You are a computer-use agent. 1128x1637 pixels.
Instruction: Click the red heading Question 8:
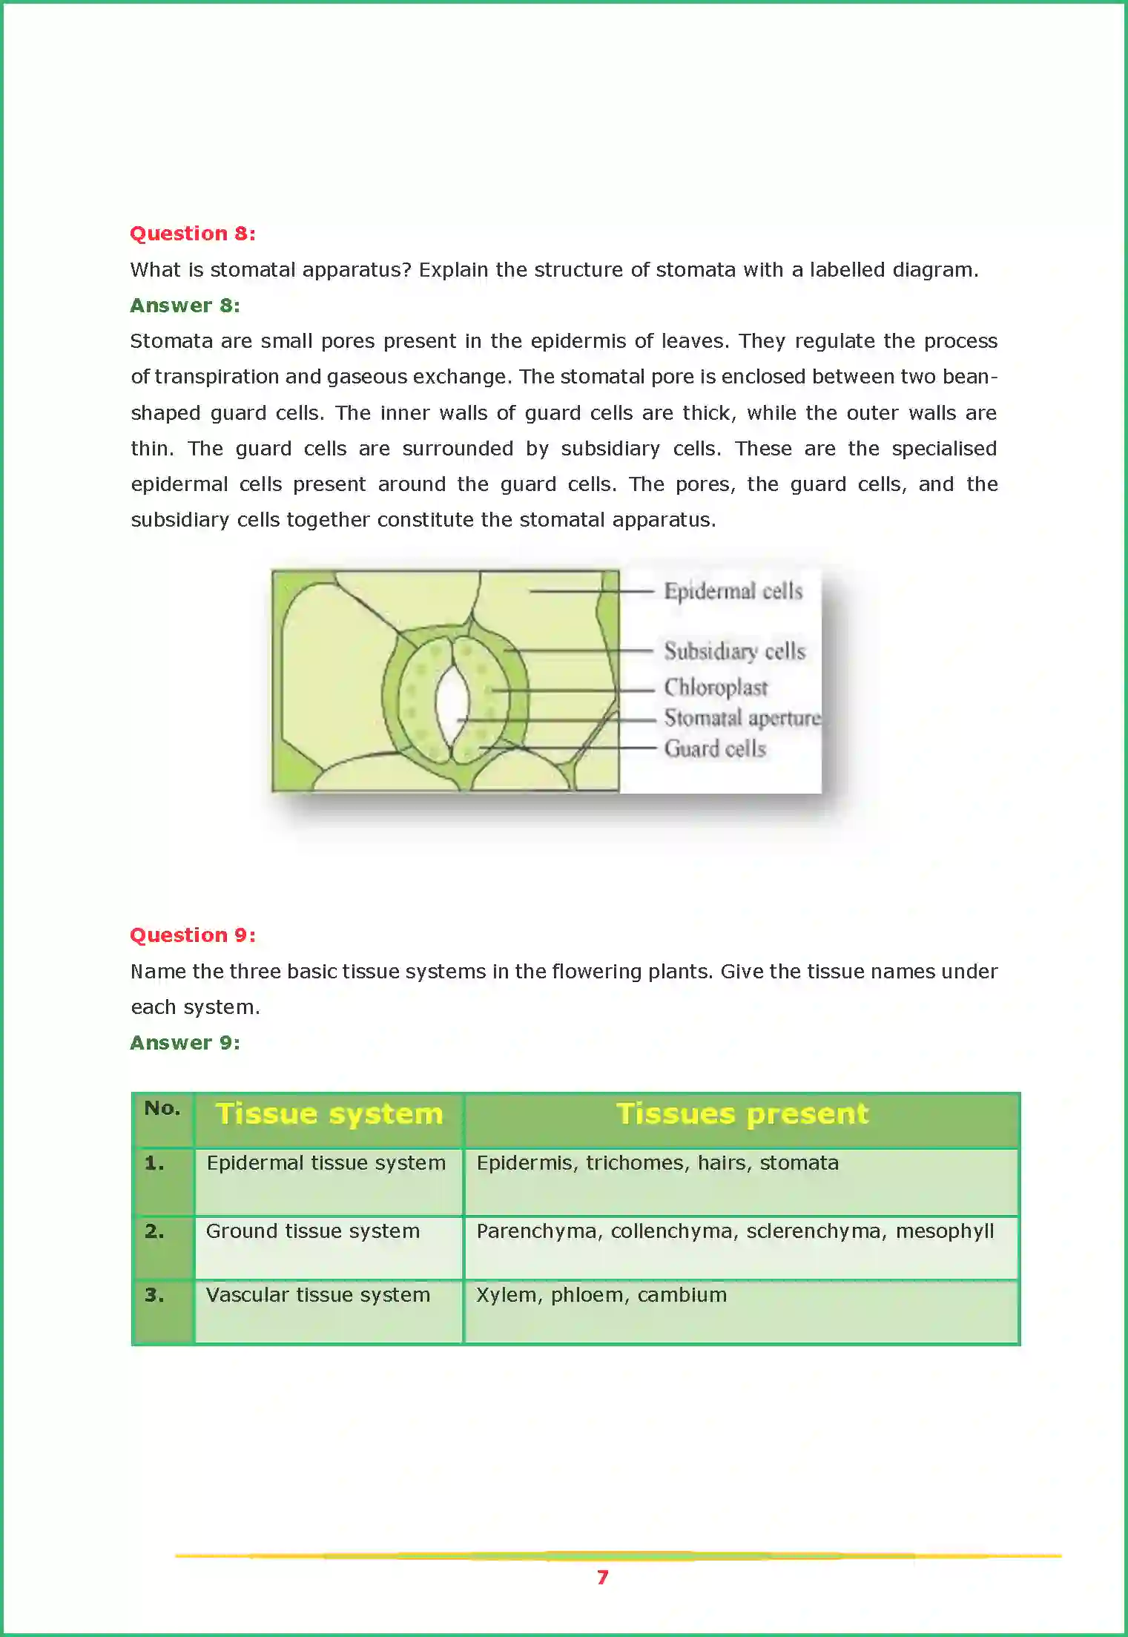tap(193, 234)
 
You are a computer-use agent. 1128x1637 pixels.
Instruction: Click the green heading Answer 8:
tap(185, 306)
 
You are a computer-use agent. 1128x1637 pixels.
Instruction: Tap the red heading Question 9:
tap(193, 935)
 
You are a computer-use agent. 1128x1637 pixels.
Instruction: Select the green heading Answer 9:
tap(185, 1043)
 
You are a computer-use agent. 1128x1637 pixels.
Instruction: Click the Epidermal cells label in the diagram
tap(733, 592)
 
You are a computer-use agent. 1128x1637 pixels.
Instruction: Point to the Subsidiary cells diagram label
tap(734, 651)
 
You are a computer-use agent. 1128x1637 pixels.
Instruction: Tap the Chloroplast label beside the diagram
tap(716, 688)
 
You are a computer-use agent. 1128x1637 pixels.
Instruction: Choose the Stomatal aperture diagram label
tap(742, 718)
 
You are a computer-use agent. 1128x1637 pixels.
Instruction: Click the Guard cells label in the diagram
tap(715, 749)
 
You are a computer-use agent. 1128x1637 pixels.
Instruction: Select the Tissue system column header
tap(329, 1114)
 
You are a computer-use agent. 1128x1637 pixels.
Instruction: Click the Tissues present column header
tap(742, 1114)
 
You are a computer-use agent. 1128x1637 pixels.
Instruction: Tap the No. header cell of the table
tap(162, 1109)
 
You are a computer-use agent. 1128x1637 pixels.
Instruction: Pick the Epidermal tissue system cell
tap(326, 1163)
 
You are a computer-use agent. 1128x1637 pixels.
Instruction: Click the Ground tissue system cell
tap(313, 1231)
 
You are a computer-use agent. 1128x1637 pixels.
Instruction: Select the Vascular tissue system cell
tap(318, 1295)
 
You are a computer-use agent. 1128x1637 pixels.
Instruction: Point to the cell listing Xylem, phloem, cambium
tap(601, 1295)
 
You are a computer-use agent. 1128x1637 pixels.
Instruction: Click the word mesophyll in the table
tap(944, 1231)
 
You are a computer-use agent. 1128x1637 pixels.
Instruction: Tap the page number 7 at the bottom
tap(603, 1577)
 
